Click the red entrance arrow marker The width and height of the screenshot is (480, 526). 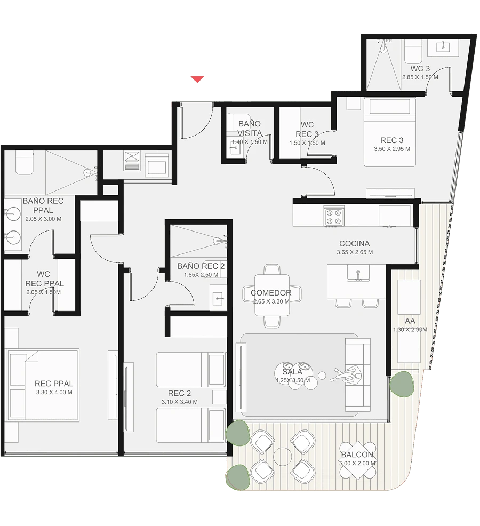(x=197, y=79)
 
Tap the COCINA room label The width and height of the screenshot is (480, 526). (x=355, y=244)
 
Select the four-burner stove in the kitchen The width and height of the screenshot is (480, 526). (x=334, y=217)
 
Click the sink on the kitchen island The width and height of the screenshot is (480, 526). (x=358, y=273)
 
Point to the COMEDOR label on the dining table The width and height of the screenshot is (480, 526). (x=271, y=293)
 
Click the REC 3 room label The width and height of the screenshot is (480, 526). (x=392, y=140)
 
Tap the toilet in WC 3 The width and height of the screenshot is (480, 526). (x=413, y=51)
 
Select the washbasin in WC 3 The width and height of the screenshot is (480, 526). (x=443, y=47)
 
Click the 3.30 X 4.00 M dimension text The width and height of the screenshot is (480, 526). (x=54, y=392)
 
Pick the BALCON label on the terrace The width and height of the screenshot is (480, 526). (x=357, y=455)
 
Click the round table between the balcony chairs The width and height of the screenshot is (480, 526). (x=283, y=457)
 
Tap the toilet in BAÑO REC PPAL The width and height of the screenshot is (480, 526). (x=24, y=162)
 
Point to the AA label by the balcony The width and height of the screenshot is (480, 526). (x=410, y=321)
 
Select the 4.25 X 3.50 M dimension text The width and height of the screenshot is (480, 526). (x=292, y=380)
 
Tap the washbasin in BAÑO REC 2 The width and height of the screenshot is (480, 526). (x=218, y=298)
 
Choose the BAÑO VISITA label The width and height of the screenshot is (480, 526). (x=250, y=129)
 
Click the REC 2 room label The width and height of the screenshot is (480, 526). (x=179, y=393)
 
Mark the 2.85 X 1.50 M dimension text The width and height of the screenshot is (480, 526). (x=420, y=77)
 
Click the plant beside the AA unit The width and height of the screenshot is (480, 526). (x=402, y=384)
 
